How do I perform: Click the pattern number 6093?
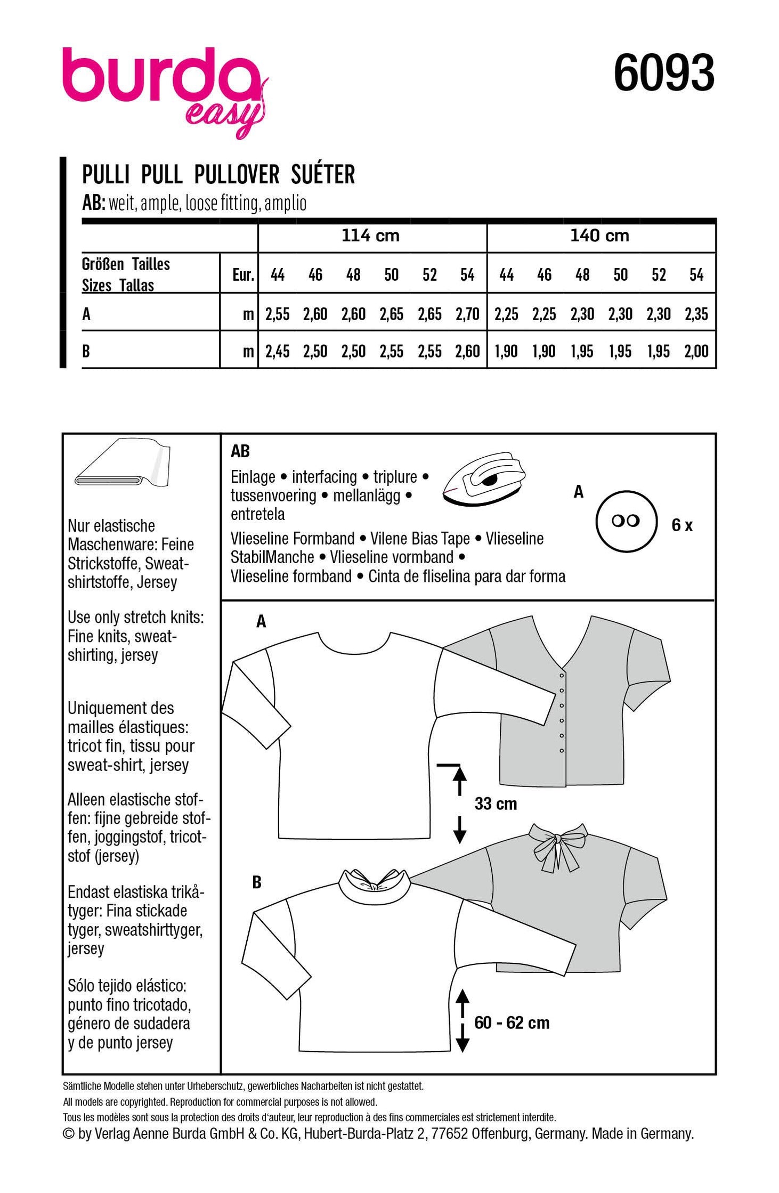(x=663, y=74)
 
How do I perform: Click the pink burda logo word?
(x=160, y=77)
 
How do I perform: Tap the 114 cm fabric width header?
(x=370, y=236)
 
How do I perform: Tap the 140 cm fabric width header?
(x=599, y=236)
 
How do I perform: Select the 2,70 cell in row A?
(x=467, y=314)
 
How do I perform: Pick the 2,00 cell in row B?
(x=696, y=351)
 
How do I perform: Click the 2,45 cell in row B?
(x=277, y=351)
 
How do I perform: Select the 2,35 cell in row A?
(x=696, y=314)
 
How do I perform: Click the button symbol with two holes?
(x=626, y=521)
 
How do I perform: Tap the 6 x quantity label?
(x=681, y=526)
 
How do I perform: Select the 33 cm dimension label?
(x=496, y=804)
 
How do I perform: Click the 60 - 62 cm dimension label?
(x=511, y=1022)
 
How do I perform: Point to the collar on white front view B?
(x=377, y=886)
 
